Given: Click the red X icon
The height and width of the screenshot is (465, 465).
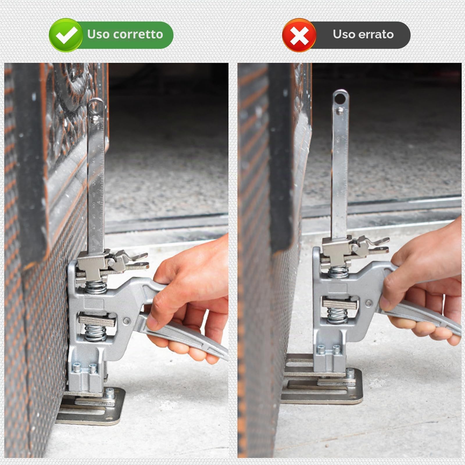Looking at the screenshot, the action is pyautogui.click(x=299, y=35).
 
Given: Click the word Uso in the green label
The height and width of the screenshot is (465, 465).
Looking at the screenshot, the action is pyautogui.click(x=99, y=34).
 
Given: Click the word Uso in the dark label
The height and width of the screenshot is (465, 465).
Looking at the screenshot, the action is pyautogui.click(x=344, y=34).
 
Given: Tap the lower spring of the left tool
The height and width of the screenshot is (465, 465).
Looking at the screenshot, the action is pyautogui.click(x=95, y=333).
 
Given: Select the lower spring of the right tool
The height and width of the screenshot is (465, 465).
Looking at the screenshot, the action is pyautogui.click(x=337, y=315).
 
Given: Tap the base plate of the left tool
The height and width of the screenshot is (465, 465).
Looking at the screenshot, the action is pyautogui.click(x=92, y=405).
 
